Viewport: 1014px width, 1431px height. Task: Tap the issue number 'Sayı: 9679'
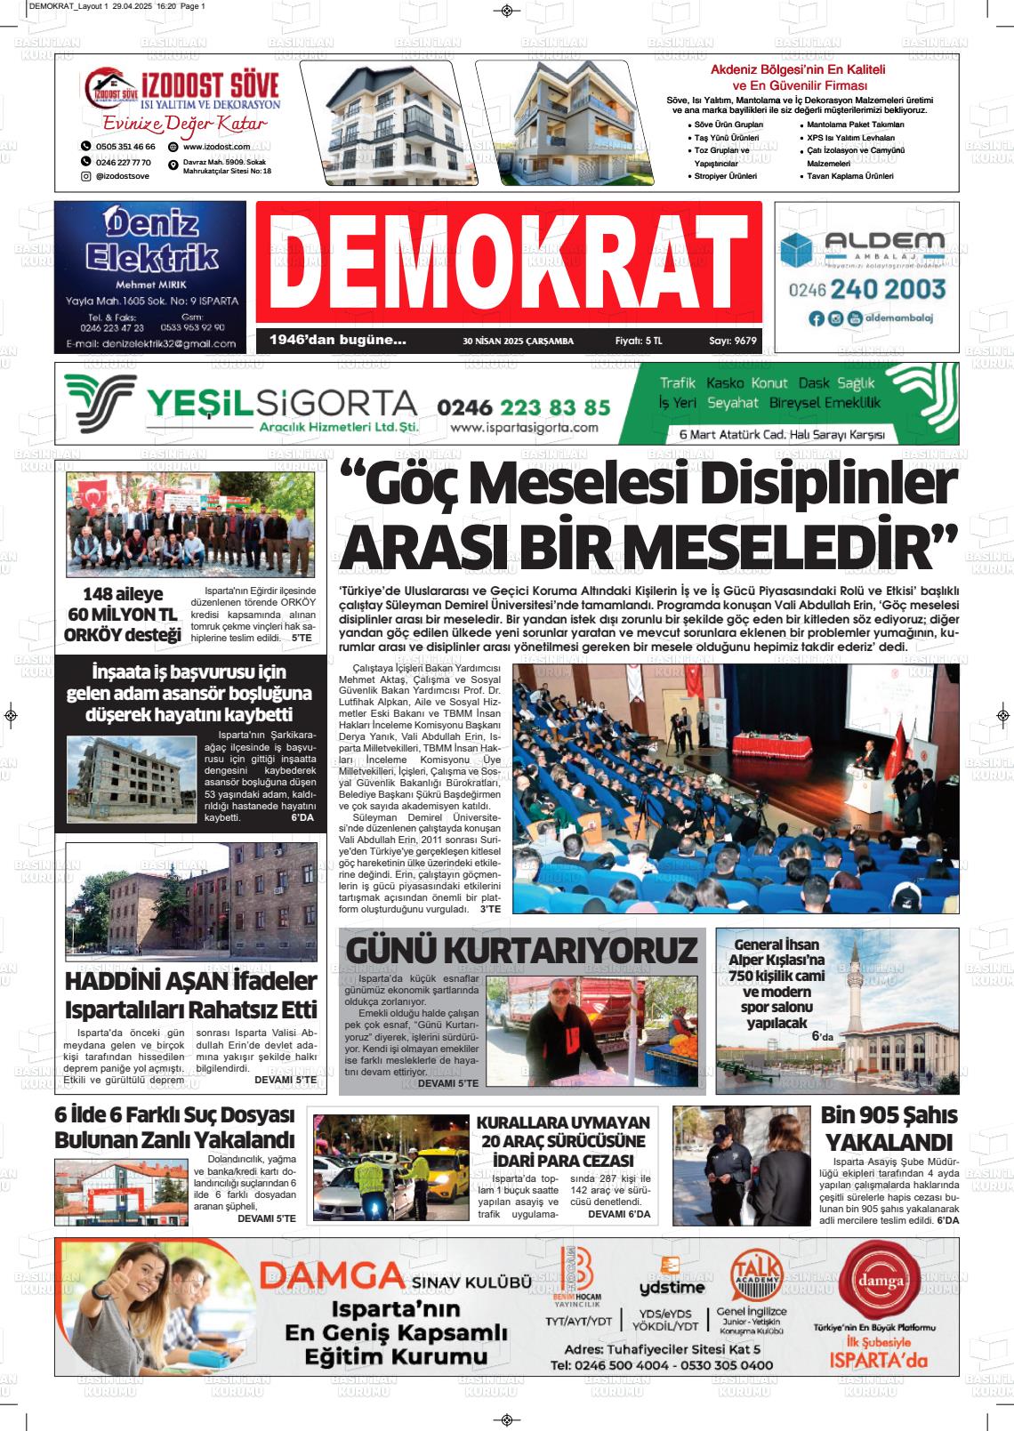point(732,341)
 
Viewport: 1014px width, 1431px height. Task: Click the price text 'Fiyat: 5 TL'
point(639,341)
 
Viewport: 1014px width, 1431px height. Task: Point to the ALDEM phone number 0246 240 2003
point(866,289)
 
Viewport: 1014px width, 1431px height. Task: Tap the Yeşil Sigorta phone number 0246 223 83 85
point(524,407)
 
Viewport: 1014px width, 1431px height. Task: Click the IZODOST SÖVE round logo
point(111,89)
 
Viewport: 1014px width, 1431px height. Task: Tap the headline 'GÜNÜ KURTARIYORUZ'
point(521,950)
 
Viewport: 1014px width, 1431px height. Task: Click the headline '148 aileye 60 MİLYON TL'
point(122,604)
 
